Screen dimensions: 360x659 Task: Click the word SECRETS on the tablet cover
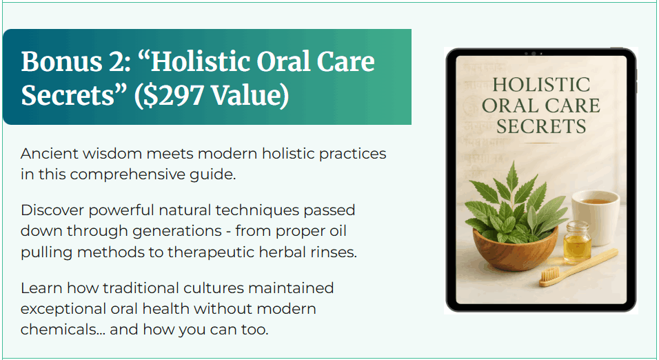coord(541,127)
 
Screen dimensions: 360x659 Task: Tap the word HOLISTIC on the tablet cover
coord(541,86)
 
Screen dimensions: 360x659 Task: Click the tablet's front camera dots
coord(534,53)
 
